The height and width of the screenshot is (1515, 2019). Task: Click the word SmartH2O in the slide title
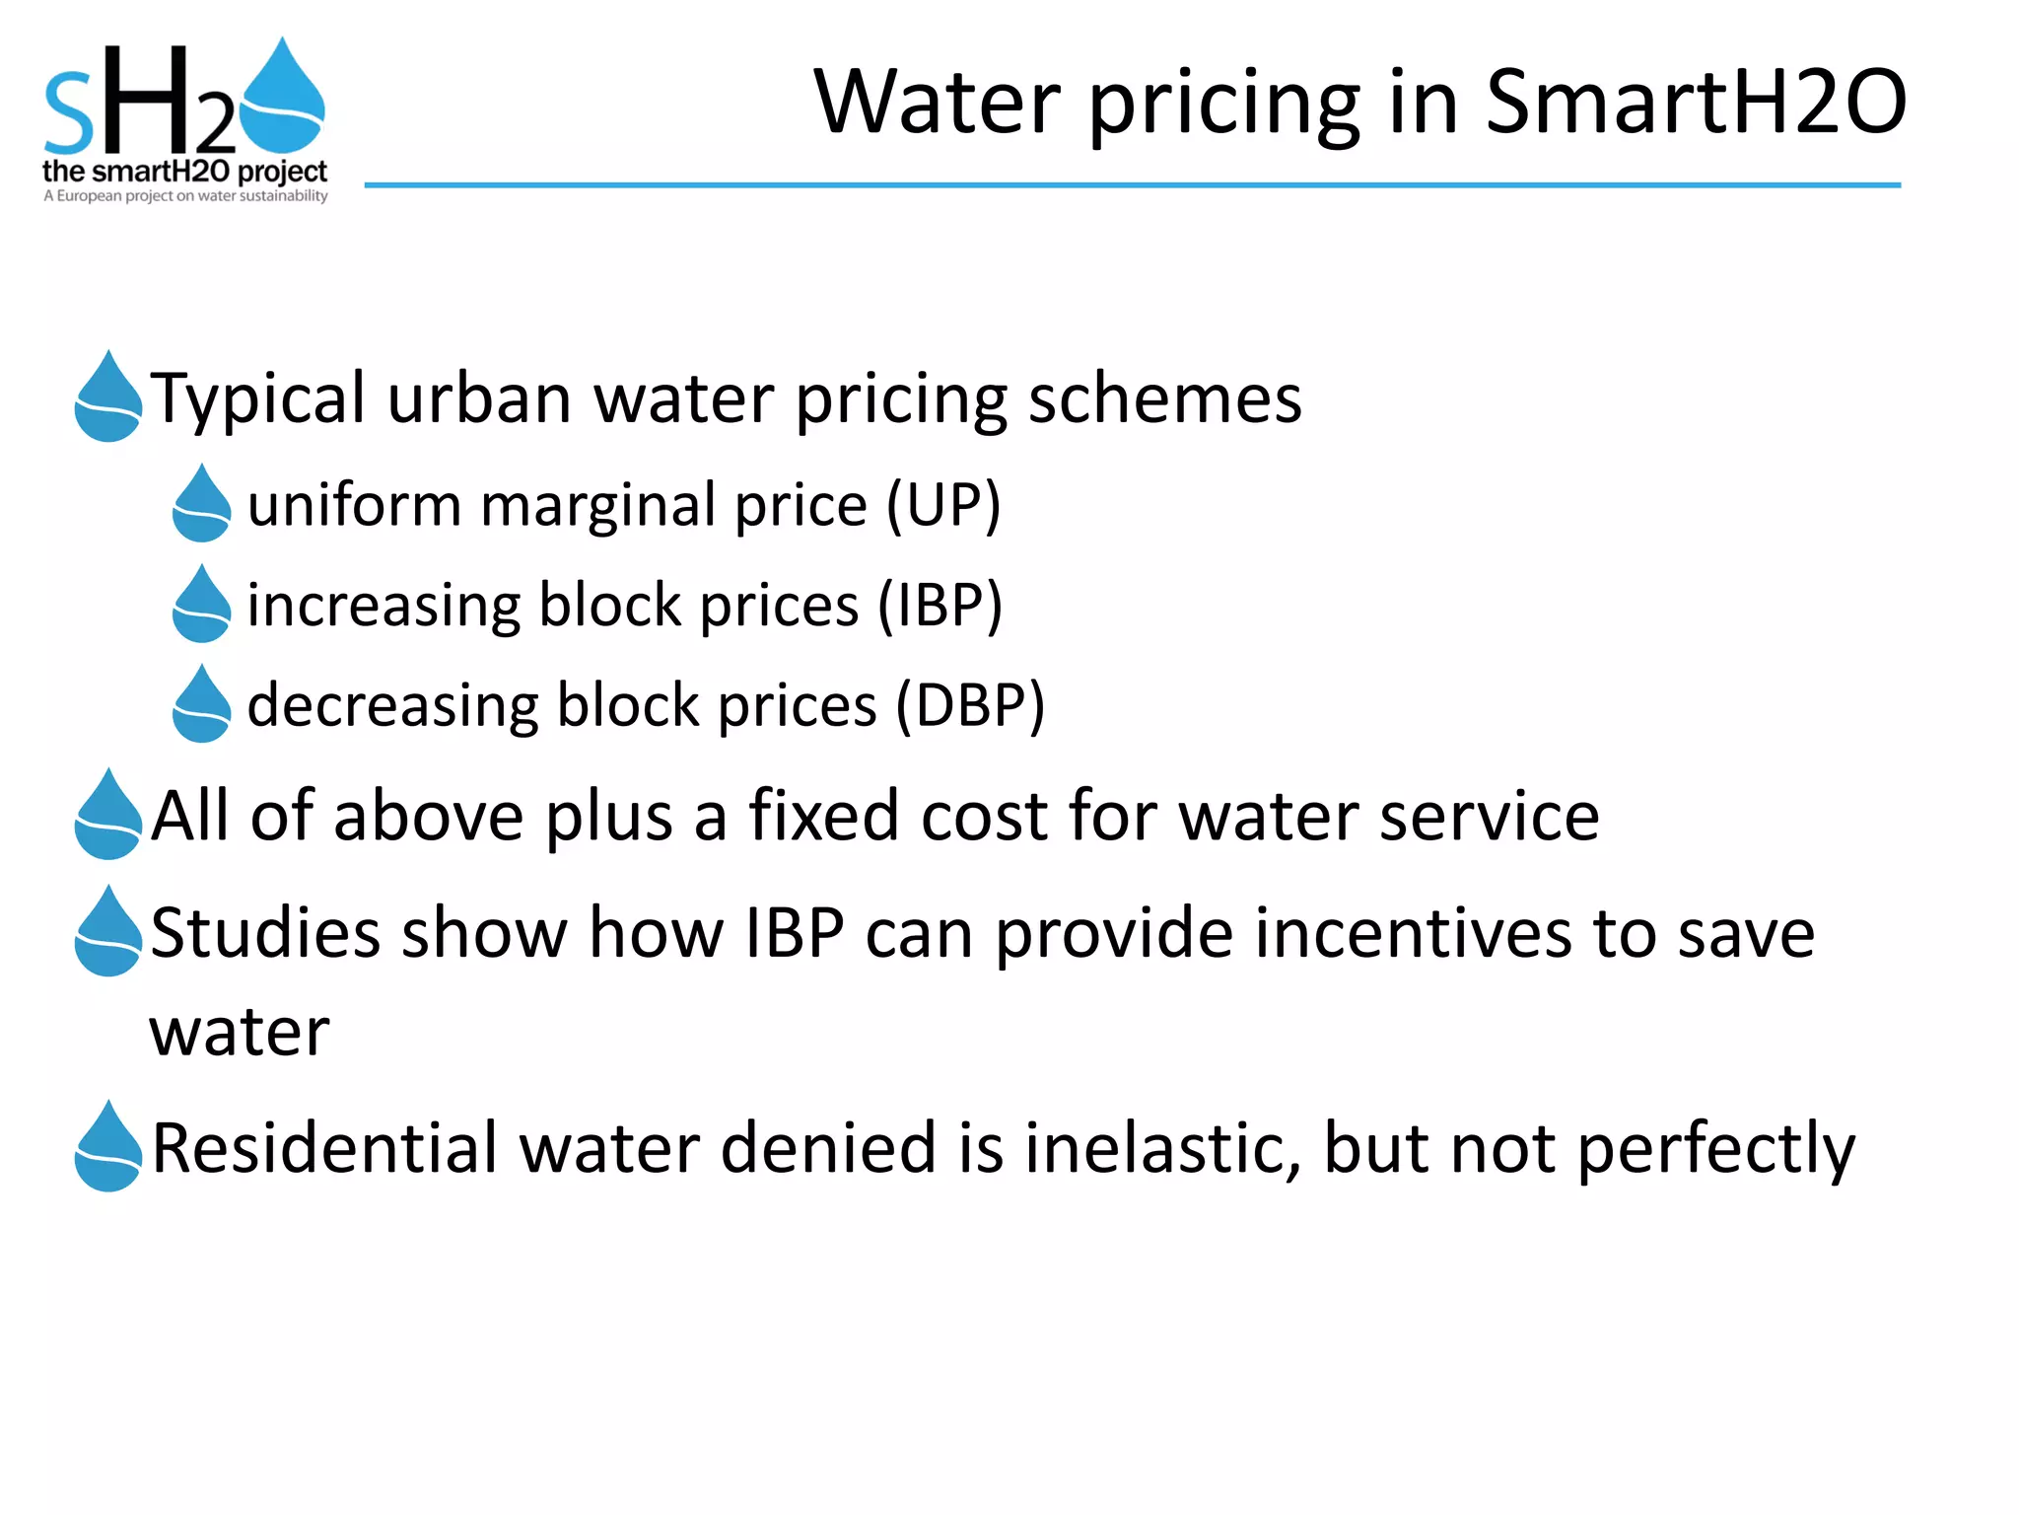tap(1696, 102)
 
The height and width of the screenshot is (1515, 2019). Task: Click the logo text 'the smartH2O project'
tap(184, 172)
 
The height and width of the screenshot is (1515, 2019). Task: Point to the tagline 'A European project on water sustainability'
tap(185, 195)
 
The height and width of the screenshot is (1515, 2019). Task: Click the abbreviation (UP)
tap(943, 505)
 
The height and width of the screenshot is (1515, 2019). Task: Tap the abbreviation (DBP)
tap(970, 705)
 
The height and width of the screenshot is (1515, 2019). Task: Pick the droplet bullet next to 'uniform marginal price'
tap(202, 504)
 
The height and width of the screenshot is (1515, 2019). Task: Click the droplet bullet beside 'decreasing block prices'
tap(202, 704)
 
